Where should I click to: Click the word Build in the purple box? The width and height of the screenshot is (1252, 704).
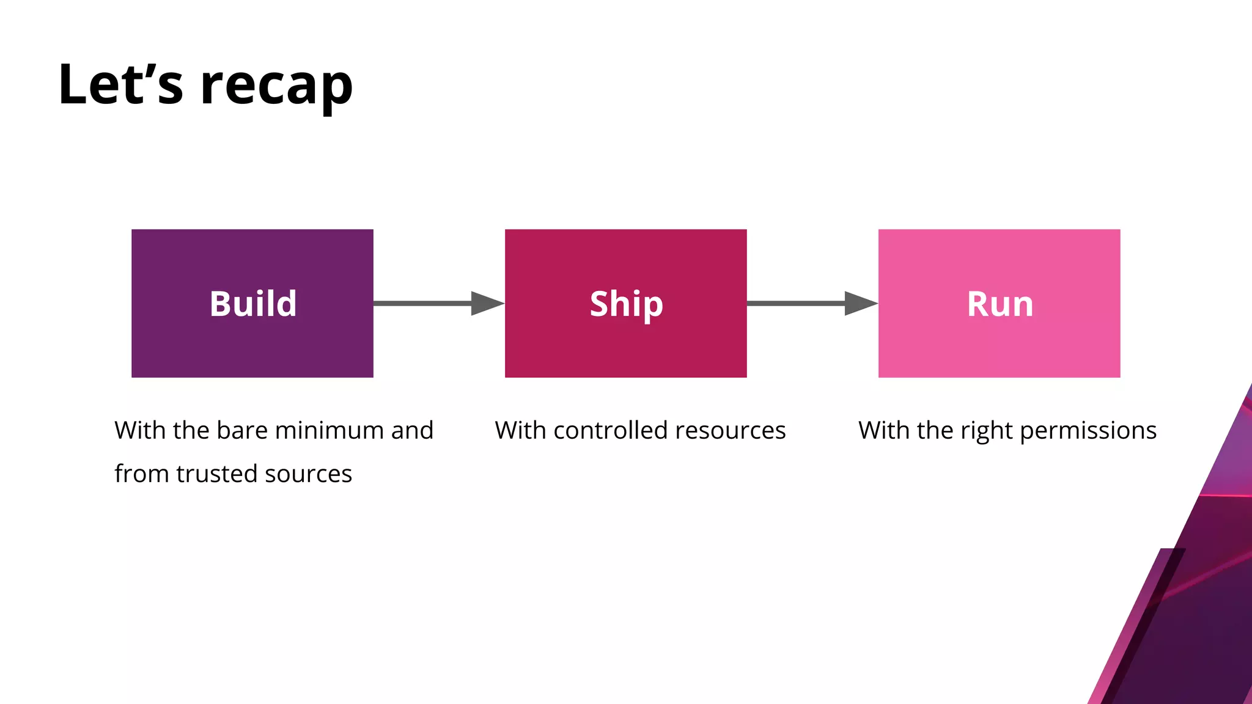click(x=253, y=304)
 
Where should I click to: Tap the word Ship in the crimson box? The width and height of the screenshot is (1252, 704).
click(x=626, y=304)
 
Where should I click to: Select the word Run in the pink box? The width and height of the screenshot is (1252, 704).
click(x=1000, y=304)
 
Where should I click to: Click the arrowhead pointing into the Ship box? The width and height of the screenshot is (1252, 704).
click(x=487, y=304)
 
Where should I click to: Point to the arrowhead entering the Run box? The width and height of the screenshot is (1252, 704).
click(x=861, y=304)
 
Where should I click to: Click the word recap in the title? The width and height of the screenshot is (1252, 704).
click(x=276, y=86)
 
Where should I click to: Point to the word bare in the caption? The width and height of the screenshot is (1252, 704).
click(x=242, y=430)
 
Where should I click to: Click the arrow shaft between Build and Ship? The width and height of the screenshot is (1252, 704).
click(x=422, y=304)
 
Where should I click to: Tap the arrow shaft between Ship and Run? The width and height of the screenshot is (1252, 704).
click(x=795, y=304)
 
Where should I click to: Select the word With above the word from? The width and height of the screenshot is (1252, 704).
click(x=140, y=430)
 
